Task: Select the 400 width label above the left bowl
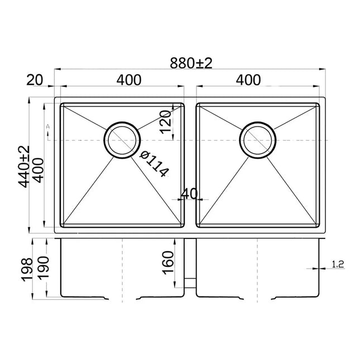pyautogui.click(x=128, y=80)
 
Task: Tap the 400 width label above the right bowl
pyautogui.click(x=248, y=80)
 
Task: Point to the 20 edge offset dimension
pyautogui.click(x=35, y=80)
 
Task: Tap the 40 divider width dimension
pyautogui.click(x=190, y=194)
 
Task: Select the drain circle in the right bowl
pyautogui.click(x=257, y=139)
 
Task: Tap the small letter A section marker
pyautogui.click(x=49, y=127)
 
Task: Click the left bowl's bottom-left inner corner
pyautogui.click(x=63, y=225)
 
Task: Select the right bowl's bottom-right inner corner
pyautogui.click(x=317, y=225)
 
